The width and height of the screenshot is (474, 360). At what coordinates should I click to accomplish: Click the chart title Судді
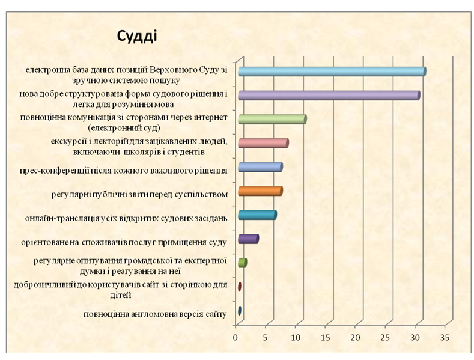[x=137, y=37]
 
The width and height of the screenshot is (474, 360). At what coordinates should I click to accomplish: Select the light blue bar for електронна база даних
[x=332, y=72]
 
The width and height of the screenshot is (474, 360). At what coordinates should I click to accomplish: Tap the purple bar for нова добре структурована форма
[x=329, y=96]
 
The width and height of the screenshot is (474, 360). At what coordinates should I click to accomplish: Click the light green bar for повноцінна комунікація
[x=272, y=119]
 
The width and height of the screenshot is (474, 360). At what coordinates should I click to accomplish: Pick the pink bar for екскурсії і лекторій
[x=263, y=143]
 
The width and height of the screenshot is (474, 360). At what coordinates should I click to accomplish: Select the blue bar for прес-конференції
[x=260, y=167]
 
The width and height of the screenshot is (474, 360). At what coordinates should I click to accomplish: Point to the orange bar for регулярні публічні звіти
[x=260, y=191]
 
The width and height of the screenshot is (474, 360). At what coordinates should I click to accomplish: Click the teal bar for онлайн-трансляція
[x=257, y=215]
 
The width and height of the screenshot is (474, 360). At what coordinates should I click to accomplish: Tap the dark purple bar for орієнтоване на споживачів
[x=249, y=239]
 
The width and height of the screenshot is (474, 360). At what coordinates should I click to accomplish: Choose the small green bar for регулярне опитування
[x=243, y=263]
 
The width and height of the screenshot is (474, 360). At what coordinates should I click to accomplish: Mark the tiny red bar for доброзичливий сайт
[x=240, y=287]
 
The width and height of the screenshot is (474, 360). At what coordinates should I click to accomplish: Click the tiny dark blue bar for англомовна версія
[x=240, y=310]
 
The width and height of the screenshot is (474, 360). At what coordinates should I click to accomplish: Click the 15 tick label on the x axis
[x=325, y=337]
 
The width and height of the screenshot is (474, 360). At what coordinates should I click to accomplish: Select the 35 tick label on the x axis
[x=445, y=337]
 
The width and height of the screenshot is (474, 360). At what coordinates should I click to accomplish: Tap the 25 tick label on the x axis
[x=385, y=337]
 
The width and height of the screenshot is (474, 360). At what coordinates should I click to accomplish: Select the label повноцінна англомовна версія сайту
[x=155, y=314]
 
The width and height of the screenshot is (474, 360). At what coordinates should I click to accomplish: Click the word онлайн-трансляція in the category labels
[x=62, y=218]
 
